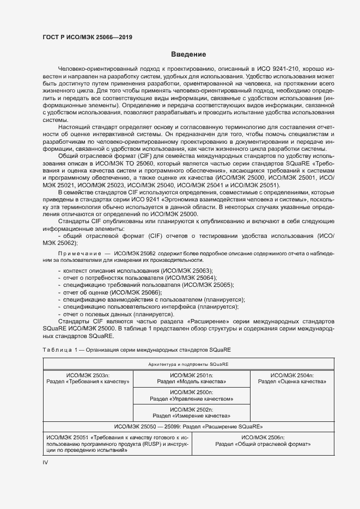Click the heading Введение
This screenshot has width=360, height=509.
tap(188, 54)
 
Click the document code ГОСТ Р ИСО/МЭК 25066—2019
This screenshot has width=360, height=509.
tap(88, 38)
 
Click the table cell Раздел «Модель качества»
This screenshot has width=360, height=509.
tap(191, 382)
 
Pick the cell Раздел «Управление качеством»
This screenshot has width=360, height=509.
tap(191, 398)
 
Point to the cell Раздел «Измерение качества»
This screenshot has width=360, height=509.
tap(191, 415)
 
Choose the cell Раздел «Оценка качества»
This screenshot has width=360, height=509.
tap(292, 382)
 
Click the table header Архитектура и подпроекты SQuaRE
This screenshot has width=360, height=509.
tap(188, 363)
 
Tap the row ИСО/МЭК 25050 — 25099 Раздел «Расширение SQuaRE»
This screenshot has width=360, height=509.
tap(188, 427)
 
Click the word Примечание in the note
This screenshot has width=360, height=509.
tap(77, 254)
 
